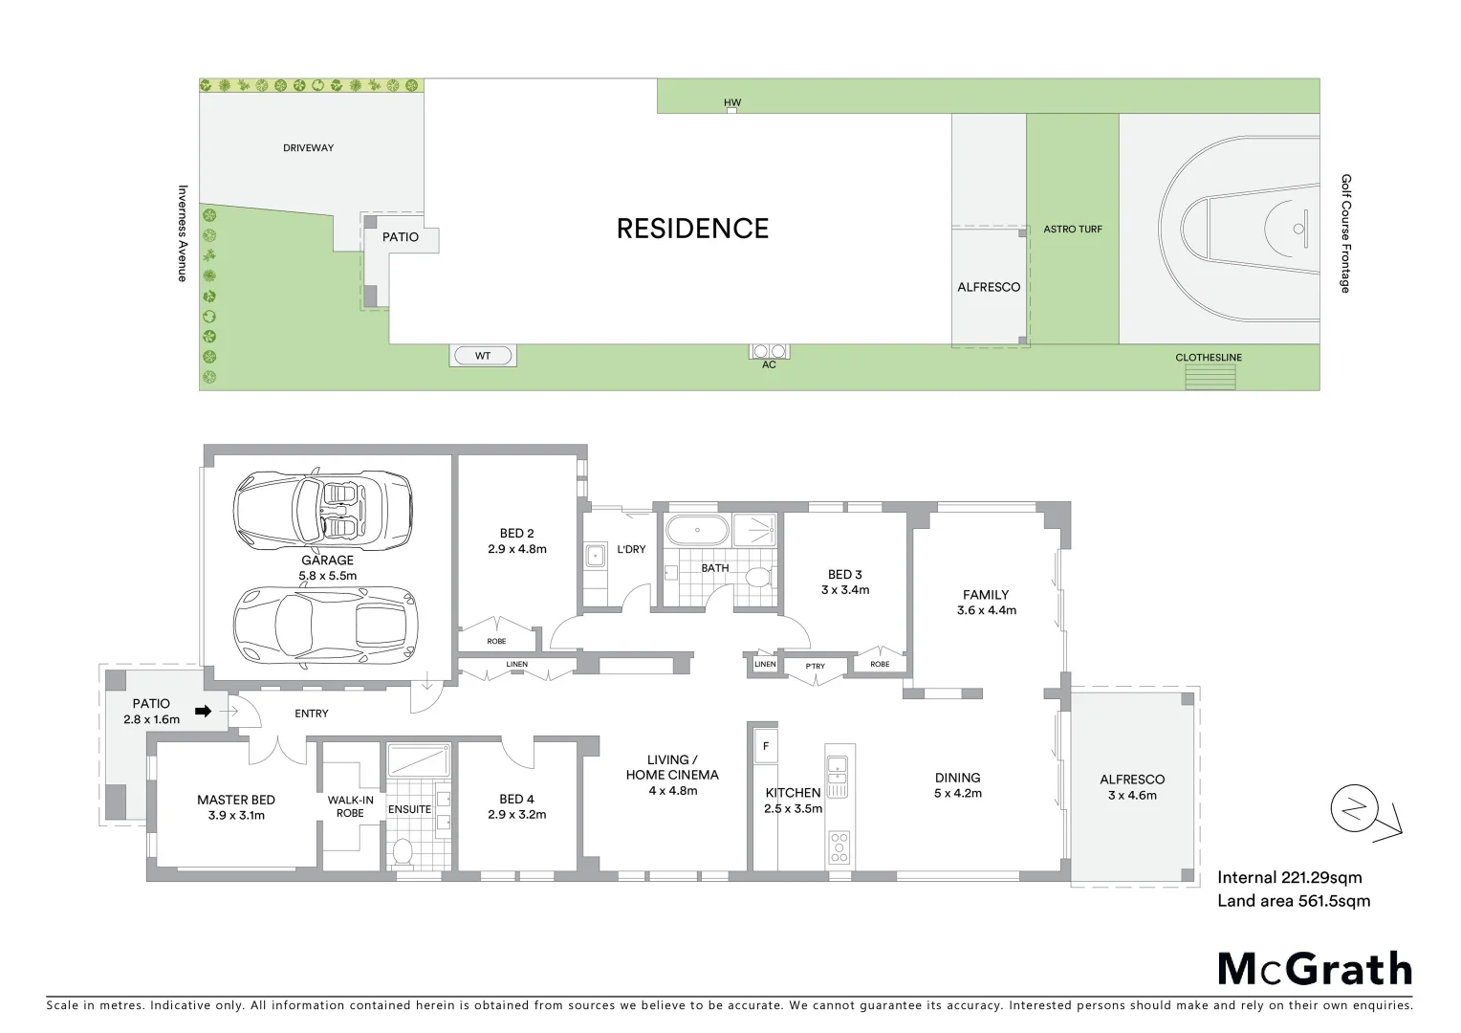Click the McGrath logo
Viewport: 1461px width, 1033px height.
[1315, 969]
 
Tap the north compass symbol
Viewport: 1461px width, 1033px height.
[1354, 811]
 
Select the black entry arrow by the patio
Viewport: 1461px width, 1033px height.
[203, 711]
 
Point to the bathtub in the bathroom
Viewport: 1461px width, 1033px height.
[696, 529]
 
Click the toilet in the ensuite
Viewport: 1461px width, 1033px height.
[403, 850]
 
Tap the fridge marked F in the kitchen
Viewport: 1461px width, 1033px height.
[765, 746]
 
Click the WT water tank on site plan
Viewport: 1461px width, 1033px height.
[483, 356]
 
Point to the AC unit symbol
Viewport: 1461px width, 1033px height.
[769, 351]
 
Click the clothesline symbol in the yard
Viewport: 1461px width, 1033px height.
[1210, 377]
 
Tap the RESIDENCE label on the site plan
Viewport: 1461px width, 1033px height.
[692, 229]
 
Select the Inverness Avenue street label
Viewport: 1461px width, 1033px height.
[182, 232]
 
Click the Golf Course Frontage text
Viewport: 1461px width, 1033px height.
[1345, 233]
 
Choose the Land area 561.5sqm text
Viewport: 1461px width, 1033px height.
[1293, 901]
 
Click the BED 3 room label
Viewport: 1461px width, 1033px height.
[844, 582]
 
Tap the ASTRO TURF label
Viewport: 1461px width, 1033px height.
[1072, 230]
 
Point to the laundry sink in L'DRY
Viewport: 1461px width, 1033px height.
[595, 554]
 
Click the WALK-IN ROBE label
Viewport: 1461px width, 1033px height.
[350, 806]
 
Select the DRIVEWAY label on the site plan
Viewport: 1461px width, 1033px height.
[308, 148]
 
